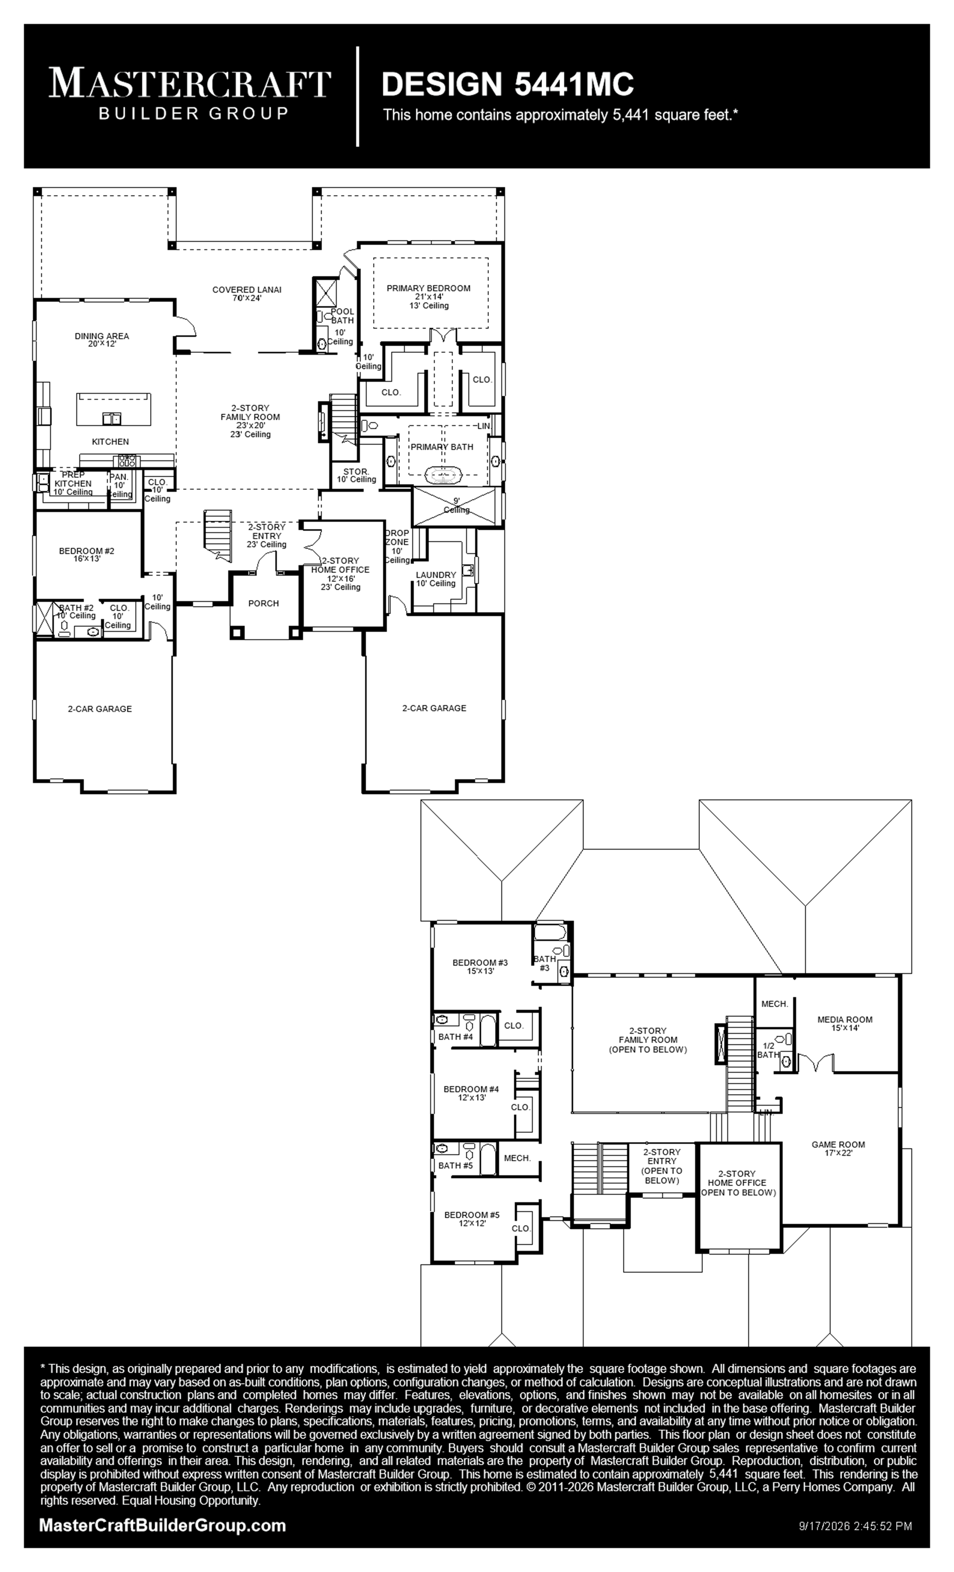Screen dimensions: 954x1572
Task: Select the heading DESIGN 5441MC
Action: pos(508,83)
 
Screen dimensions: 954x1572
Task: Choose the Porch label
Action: pos(263,603)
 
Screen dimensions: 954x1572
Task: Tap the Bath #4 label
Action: pos(455,1037)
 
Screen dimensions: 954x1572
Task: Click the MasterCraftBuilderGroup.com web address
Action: pos(163,1526)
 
